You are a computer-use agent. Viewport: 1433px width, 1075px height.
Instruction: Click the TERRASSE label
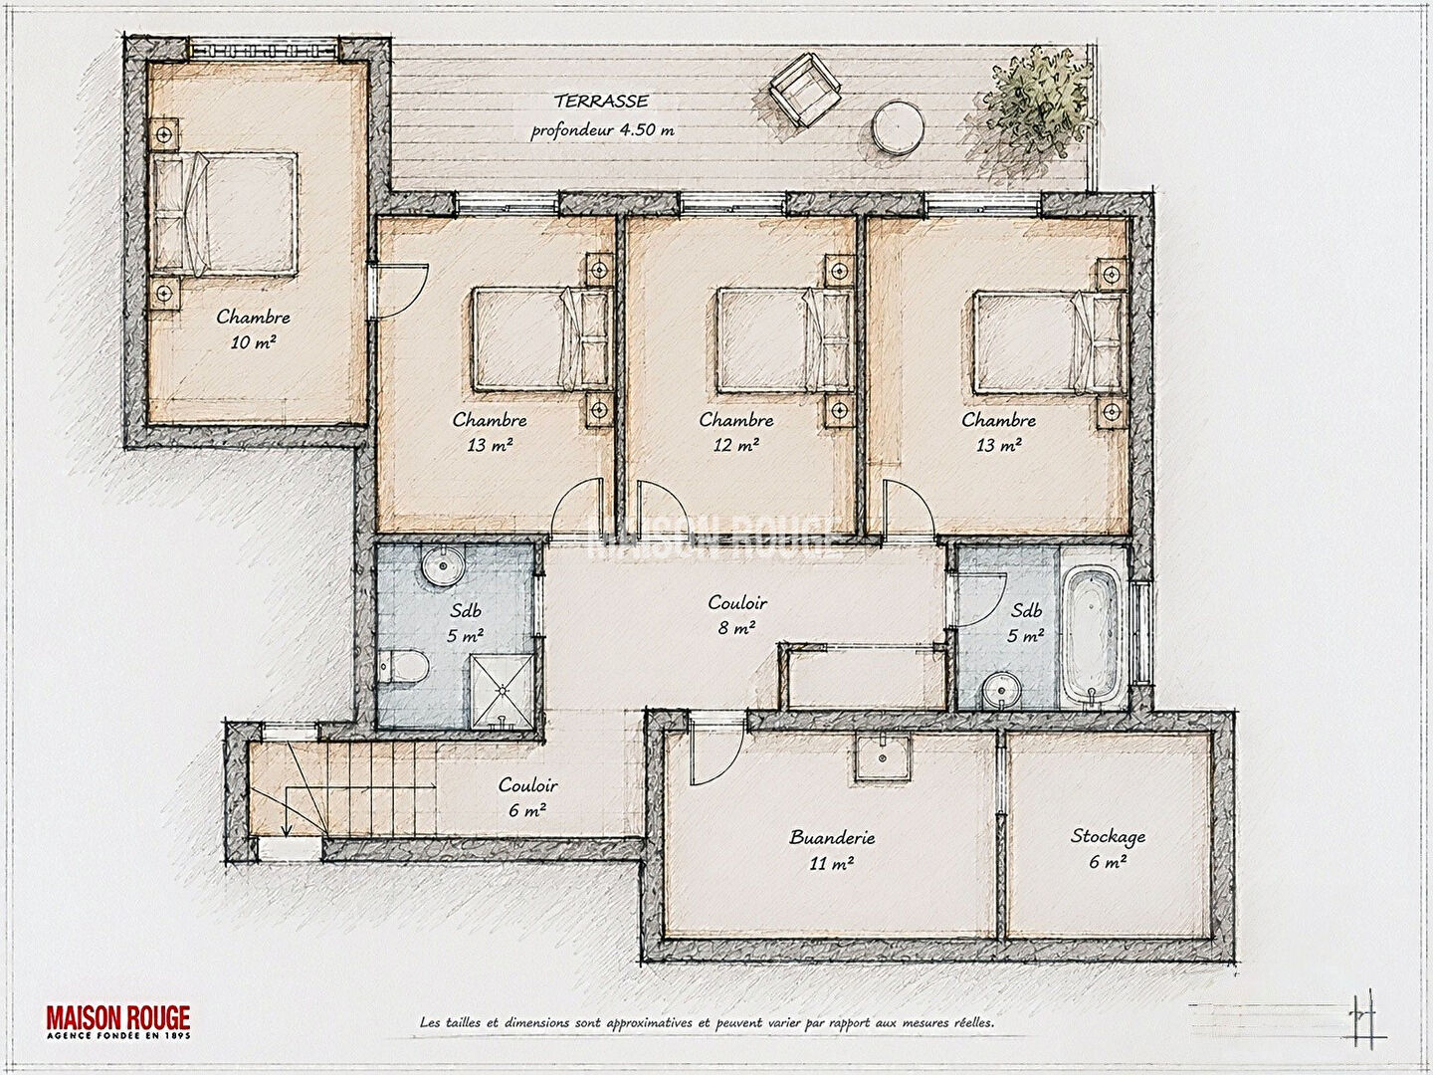click(601, 102)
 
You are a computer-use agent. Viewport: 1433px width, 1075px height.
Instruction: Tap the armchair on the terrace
click(805, 90)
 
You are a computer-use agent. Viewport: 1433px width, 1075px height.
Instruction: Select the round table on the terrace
click(899, 128)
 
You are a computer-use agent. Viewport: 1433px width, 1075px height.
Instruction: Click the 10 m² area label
click(253, 341)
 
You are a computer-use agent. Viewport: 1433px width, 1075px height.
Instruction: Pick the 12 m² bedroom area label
click(735, 445)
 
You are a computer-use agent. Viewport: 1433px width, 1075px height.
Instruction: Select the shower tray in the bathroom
click(503, 691)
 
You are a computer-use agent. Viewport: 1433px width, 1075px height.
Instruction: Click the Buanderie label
click(832, 837)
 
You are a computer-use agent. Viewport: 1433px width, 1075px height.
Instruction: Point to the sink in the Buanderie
click(883, 757)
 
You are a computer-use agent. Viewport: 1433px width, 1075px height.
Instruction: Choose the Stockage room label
click(1108, 836)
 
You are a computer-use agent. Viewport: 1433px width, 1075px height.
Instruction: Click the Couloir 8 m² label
click(737, 614)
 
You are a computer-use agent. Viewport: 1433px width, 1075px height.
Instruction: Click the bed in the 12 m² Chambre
click(783, 339)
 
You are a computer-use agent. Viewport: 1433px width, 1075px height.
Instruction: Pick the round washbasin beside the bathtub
click(1001, 689)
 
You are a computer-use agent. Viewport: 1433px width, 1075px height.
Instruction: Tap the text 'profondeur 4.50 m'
click(602, 129)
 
